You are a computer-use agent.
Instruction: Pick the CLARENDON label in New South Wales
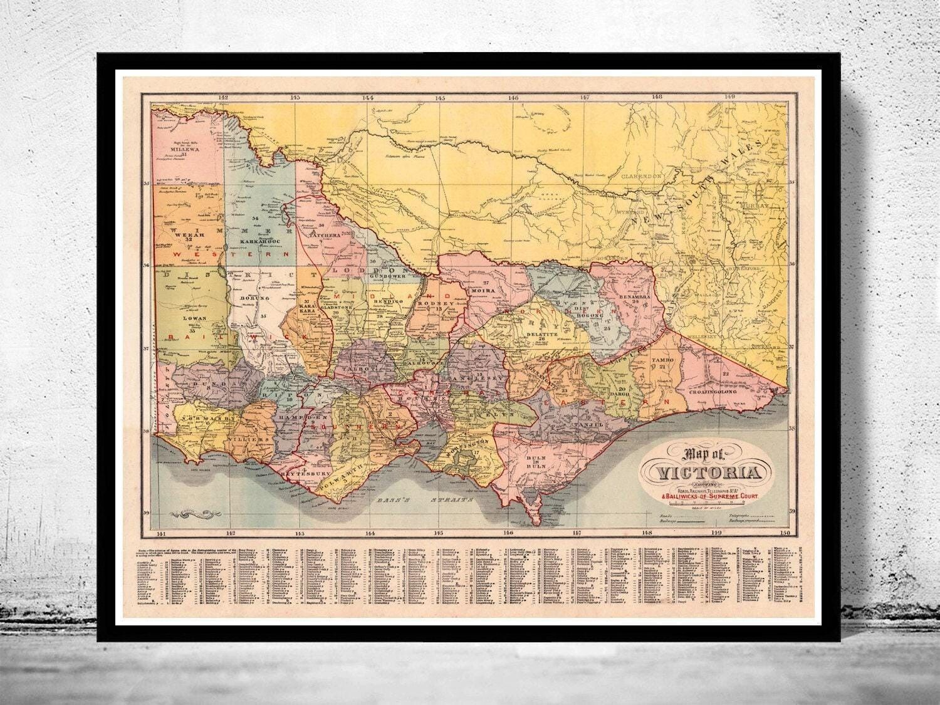pos(642,177)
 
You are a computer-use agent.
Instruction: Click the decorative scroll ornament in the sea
pos(197,514)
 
